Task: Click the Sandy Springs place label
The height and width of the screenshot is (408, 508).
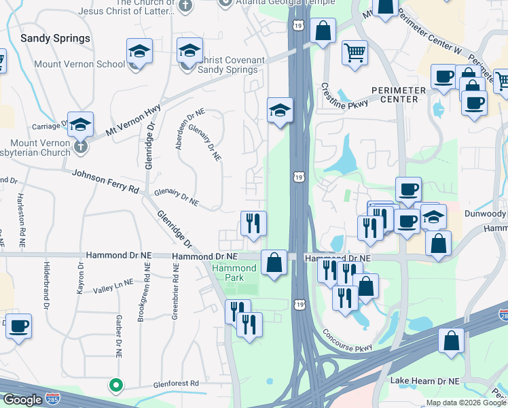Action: click(x=55, y=38)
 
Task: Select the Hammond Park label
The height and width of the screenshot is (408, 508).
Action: click(x=234, y=273)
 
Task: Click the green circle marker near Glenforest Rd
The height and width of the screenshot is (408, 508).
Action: click(x=116, y=386)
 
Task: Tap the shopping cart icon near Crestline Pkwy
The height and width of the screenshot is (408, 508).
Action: click(x=355, y=52)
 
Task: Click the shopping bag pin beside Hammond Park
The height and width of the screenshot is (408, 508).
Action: click(x=274, y=262)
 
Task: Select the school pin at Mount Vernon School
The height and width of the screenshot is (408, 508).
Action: click(x=139, y=51)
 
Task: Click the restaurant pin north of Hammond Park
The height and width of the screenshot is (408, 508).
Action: click(x=253, y=223)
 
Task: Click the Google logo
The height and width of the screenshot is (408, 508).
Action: click(x=22, y=400)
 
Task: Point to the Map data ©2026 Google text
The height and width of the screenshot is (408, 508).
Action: click(x=465, y=403)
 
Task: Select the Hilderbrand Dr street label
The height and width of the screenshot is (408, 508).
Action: click(x=47, y=286)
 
